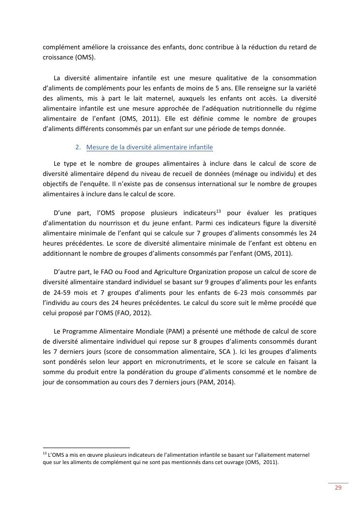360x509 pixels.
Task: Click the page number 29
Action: pos(338,488)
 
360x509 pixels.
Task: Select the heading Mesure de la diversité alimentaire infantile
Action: pos(149,147)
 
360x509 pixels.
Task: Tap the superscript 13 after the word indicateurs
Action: pos(218,211)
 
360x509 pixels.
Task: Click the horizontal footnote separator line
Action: pos(86,448)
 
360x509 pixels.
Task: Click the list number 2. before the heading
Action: pos(79,147)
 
